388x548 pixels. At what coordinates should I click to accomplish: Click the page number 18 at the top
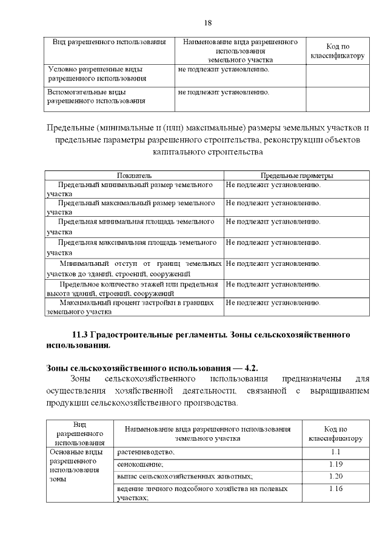pyautogui.click(x=208, y=23)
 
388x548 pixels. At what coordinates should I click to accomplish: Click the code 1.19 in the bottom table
pyautogui.click(x=336, y=464)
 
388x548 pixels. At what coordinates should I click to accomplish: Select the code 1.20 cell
pyautogui.click(x=336, y=477)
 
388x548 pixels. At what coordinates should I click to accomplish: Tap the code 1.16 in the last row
pyautogui.click(x=336, y=488)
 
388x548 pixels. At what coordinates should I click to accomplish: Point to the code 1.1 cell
pyautogui.click(x=336, y=452)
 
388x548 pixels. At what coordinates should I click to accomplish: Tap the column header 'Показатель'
pyautogui.click(x=135, y=176)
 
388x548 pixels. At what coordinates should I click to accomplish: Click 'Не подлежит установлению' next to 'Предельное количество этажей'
pyautogui.click(x=273, y=283)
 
